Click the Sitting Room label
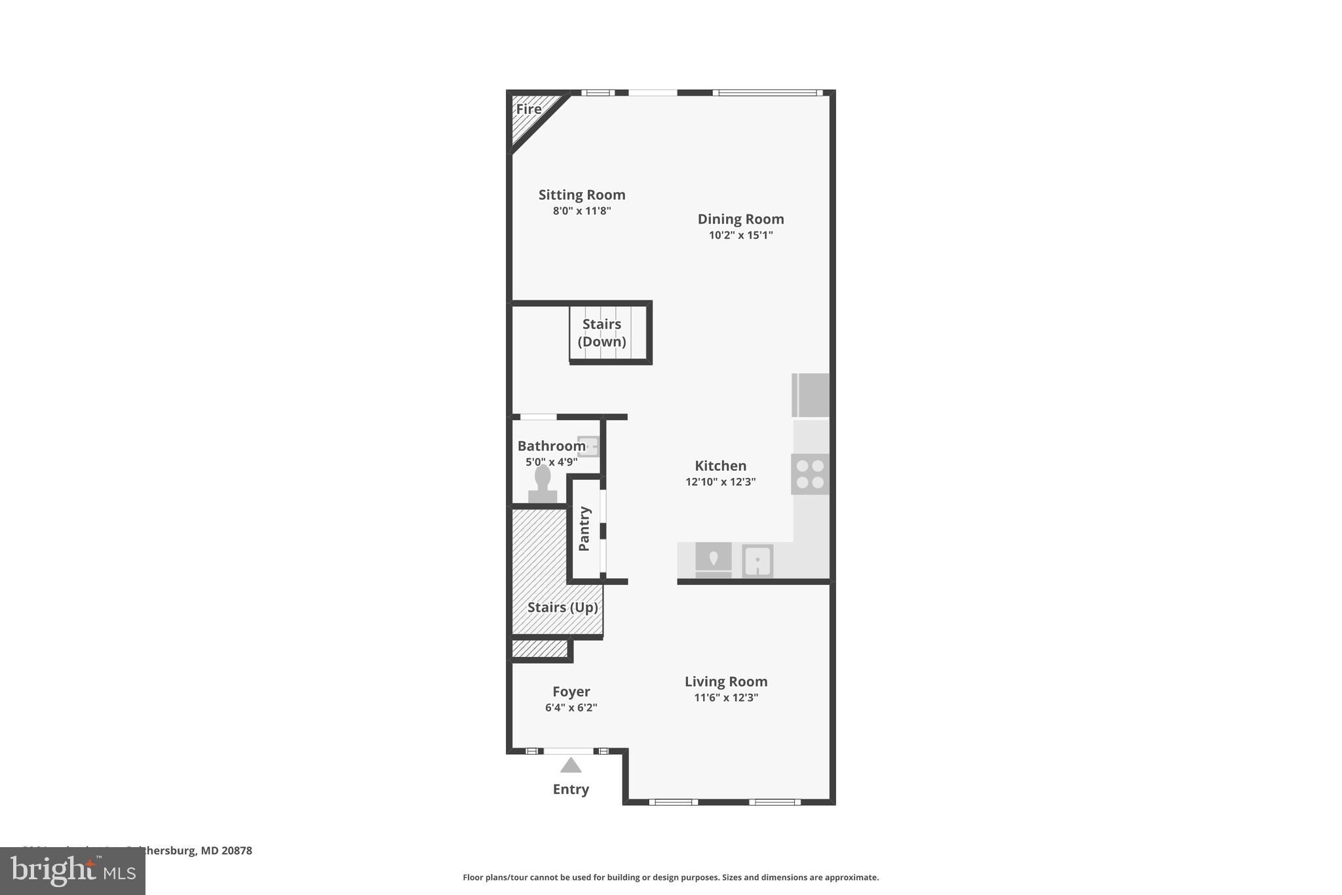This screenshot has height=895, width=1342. (x=582, y=195)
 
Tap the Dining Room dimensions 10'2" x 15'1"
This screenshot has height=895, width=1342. (x=740, y=235)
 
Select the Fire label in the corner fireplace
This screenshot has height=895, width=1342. (x=529, y=109)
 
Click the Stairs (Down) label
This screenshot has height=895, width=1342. (x=602, y=332)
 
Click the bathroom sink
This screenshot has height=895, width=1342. (x=588, y=447)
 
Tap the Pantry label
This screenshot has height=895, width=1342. (x=585, y=528)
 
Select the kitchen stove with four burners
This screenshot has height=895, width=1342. (x=811, y=474)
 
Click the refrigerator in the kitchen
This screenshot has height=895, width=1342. (x=811, y=395)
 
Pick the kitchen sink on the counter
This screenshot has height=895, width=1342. (x=757, y=561)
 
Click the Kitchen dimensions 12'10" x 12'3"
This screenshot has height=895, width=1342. (x=720, y=482)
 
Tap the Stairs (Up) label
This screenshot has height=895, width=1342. (x=562, y=608)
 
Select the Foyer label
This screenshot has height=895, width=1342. (x=571, y=692)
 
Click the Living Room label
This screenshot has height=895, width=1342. (x=726, y=682)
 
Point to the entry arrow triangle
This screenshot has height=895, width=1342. (x=571, y=766)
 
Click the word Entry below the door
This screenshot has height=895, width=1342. (x=571, y=789)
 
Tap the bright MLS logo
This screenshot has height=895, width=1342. (x=73, y=871)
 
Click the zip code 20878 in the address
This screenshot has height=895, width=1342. (x=237, y=851)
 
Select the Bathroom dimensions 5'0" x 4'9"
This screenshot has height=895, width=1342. (x=551, y=462)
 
